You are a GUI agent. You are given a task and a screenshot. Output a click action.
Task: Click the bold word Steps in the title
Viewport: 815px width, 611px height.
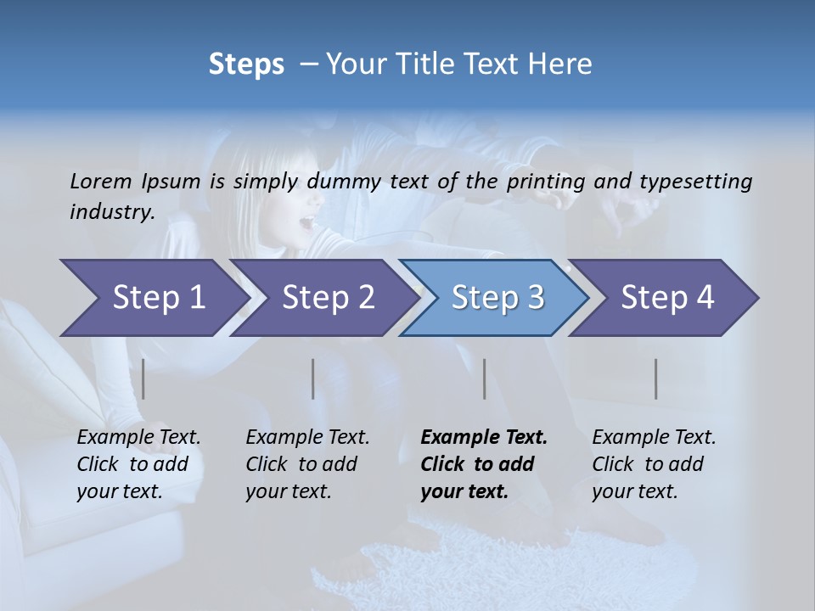(246, 64)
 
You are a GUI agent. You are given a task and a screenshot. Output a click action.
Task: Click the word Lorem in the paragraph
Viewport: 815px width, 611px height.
(101, 181)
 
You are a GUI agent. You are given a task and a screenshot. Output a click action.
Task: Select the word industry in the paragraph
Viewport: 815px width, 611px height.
(112, 211)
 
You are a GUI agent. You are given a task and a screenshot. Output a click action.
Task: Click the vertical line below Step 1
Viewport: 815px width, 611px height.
(143, 378)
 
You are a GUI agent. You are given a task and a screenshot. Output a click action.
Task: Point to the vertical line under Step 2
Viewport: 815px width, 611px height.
(313, 378)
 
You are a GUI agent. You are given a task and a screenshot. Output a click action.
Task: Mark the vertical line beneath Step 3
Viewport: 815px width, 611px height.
(484, 378)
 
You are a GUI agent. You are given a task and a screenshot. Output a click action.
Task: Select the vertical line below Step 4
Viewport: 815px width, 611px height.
(656, 378)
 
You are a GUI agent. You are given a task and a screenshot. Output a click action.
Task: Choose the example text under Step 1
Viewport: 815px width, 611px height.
(138, 464)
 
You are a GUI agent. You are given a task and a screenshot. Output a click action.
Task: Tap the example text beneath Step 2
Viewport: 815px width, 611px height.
(307, 464)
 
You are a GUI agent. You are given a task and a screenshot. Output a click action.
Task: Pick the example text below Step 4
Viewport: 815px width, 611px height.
(654, 464)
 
